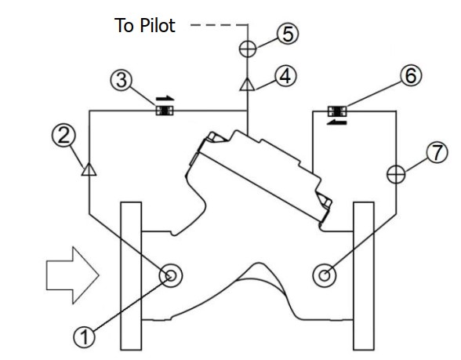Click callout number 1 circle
(84, 336)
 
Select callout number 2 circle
(64, 136)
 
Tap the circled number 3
(122, 80)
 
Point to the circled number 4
(285, 75)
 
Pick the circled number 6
(411, 75)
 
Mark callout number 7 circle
(437, 152)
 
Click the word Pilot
(158, 25)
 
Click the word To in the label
(125, 25)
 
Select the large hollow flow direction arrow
(72, 275)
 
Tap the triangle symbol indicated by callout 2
(89, 169)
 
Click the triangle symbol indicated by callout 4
(247, 84)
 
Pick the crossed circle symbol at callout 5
(248, 49)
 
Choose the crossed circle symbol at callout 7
(396, 174)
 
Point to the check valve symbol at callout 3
(165, 111)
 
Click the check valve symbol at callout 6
(337, 111)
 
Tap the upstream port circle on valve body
(171, 275)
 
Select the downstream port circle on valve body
(324, 275)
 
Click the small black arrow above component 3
(165, 99)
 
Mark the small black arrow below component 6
(337, 122)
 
